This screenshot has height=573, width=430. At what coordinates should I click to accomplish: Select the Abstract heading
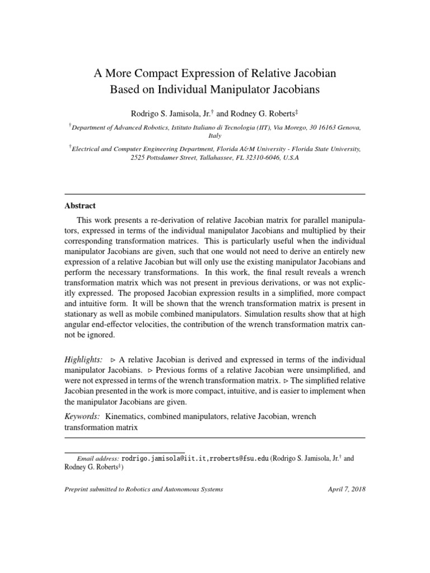80,206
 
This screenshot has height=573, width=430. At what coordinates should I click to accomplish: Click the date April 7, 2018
346,489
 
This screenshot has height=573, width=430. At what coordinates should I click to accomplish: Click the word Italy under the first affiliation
215,135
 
